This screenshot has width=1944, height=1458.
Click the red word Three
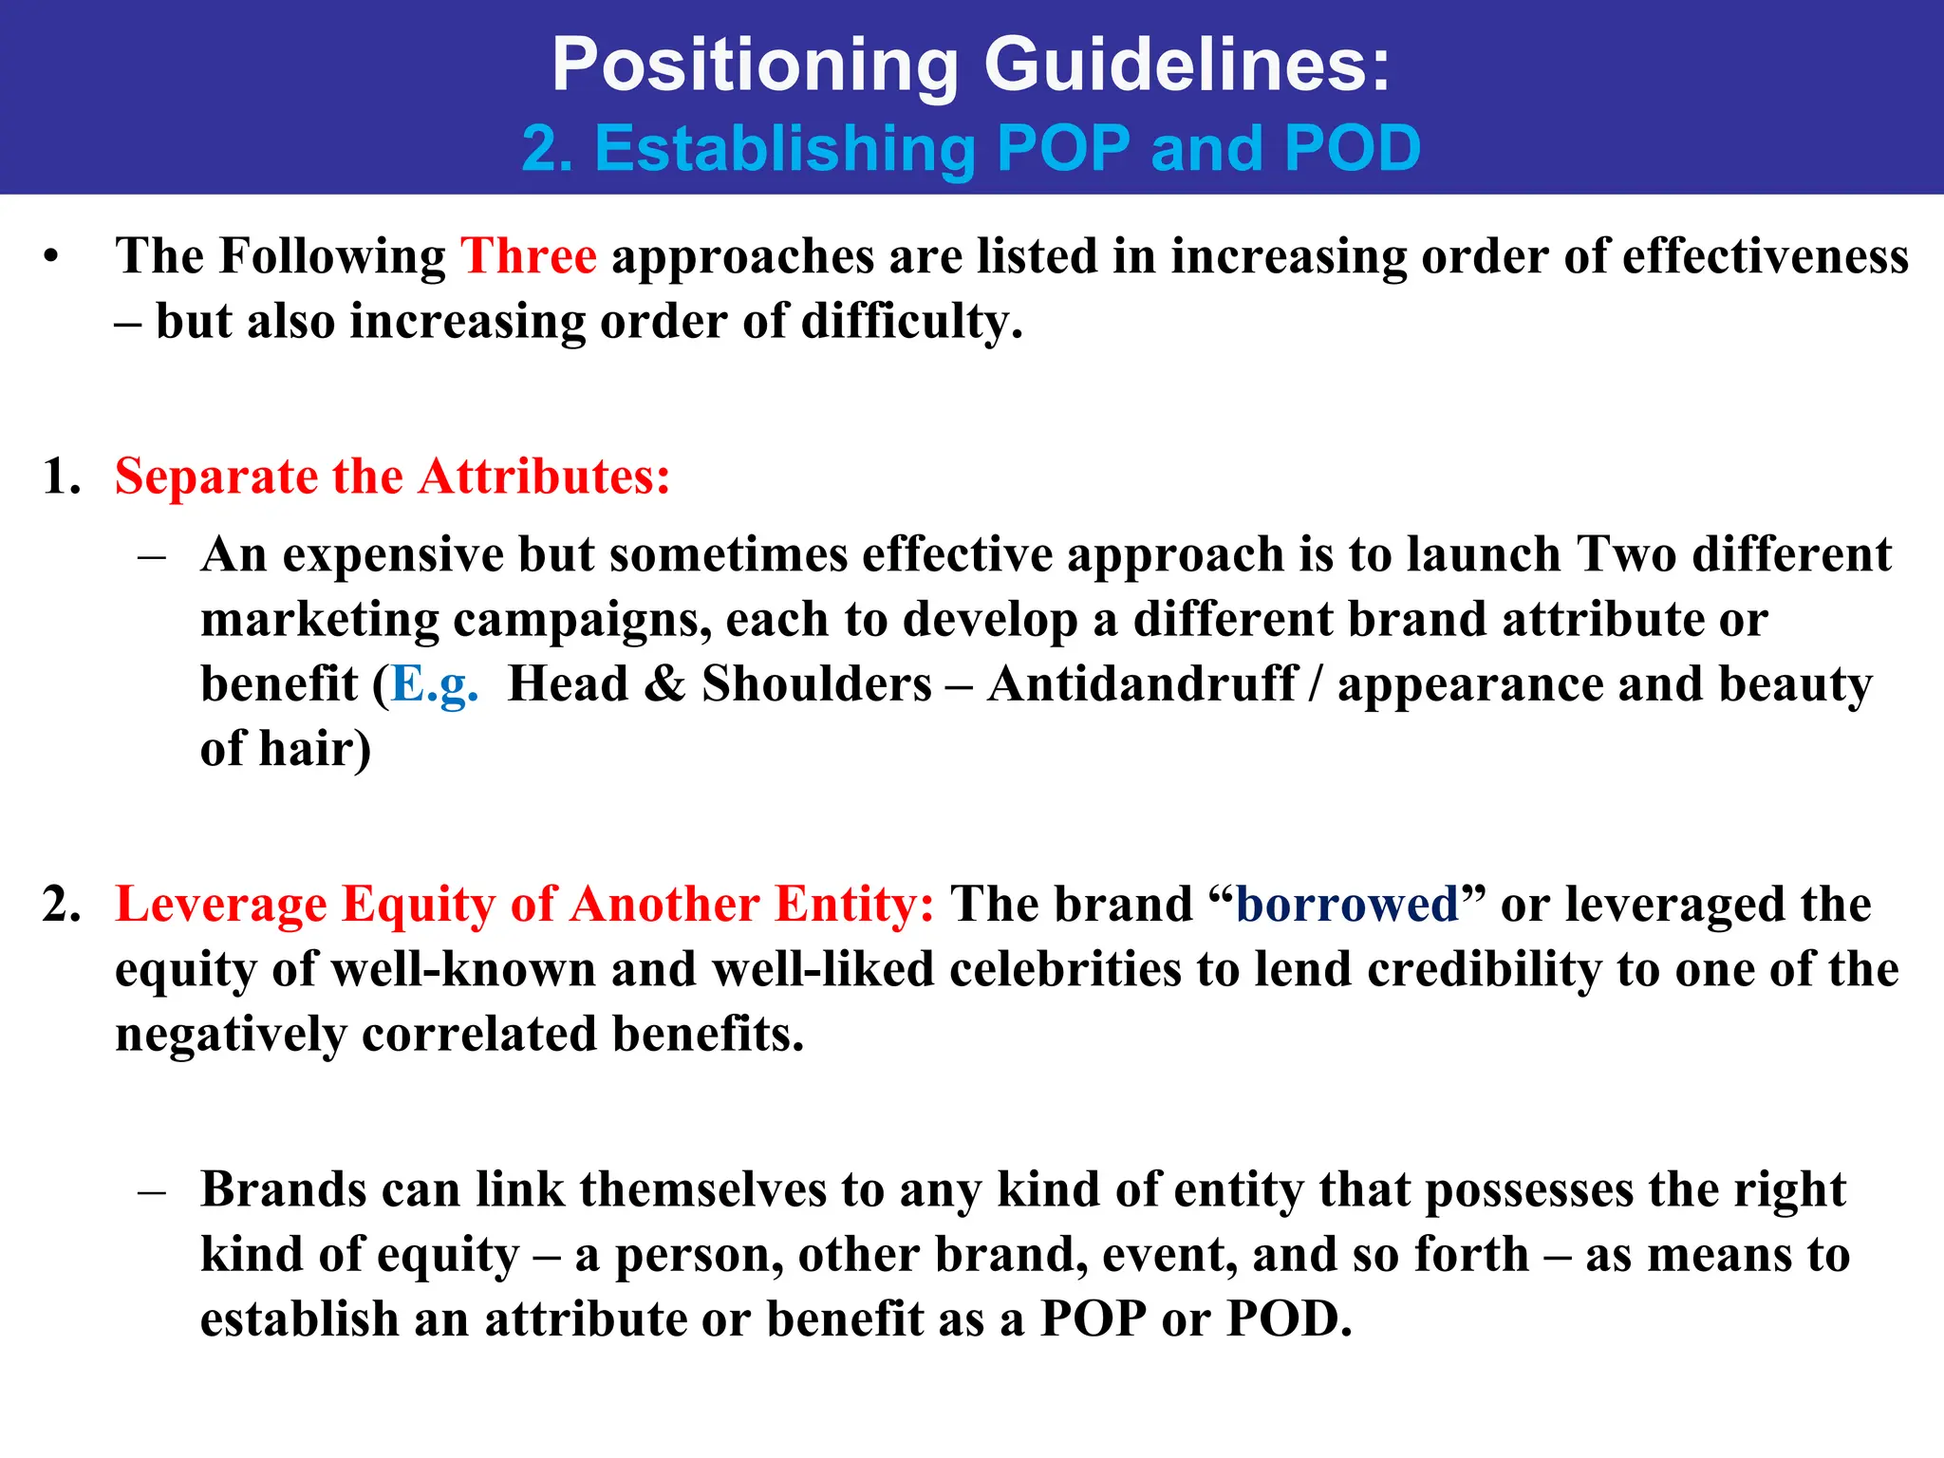pos(529,256)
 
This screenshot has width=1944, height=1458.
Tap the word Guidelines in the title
pos(1187,65)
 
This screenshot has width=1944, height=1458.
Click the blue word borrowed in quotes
pos(1347,904)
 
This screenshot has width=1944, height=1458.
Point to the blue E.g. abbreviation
pos(435,685)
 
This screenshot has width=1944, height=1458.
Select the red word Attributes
pos(544,477)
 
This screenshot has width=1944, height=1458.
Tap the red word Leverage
pos(221,904)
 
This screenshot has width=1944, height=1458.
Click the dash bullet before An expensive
pos(151,556)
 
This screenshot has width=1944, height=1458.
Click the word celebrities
pos(1065,969)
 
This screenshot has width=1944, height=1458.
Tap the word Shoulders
pos(816,683)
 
